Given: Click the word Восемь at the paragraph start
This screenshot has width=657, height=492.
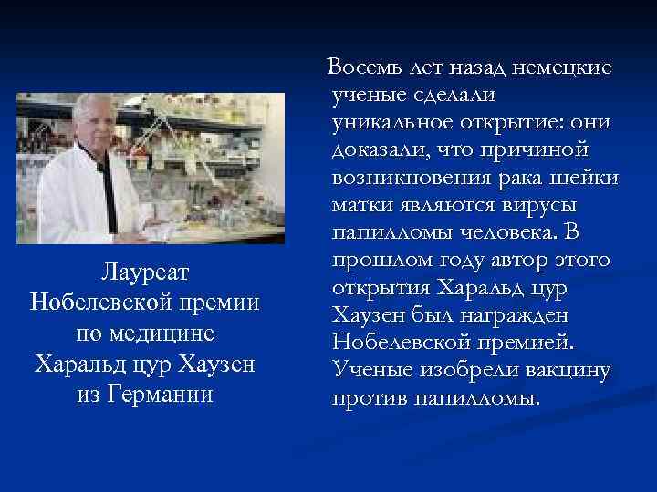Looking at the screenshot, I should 367,67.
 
